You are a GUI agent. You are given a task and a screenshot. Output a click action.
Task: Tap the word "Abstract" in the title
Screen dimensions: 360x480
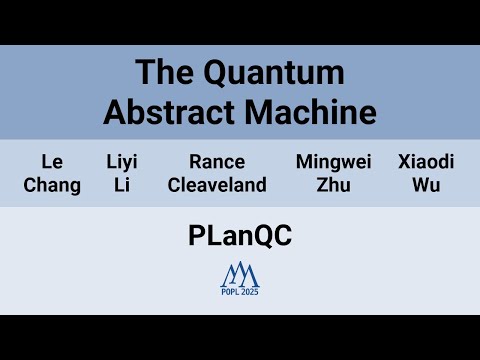pos(167,111)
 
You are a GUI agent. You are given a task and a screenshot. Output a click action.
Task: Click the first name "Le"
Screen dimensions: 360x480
pos(52,161)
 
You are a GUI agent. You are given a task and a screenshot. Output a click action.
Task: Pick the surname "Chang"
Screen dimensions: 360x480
pos(52,185)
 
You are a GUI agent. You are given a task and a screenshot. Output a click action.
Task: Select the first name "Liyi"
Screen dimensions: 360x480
pos(122,161)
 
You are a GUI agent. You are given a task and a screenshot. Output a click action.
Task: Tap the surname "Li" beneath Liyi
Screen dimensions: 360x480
pos(122,185)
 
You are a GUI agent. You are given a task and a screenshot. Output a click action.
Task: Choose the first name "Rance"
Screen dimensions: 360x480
pos(217,161)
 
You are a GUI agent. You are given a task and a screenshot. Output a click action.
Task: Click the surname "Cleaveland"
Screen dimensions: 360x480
pos(217,185)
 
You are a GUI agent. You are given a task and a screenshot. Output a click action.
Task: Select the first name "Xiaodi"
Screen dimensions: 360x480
pos(426,161)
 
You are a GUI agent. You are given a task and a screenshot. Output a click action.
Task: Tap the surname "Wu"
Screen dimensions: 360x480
pos(426,185)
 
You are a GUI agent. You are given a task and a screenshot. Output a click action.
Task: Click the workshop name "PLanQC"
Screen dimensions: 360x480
pos(239,236)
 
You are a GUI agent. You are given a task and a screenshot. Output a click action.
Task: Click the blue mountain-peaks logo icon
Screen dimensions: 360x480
pos(240,272)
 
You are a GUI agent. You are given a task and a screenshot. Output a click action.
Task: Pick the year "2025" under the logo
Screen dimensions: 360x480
pos(250,291)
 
